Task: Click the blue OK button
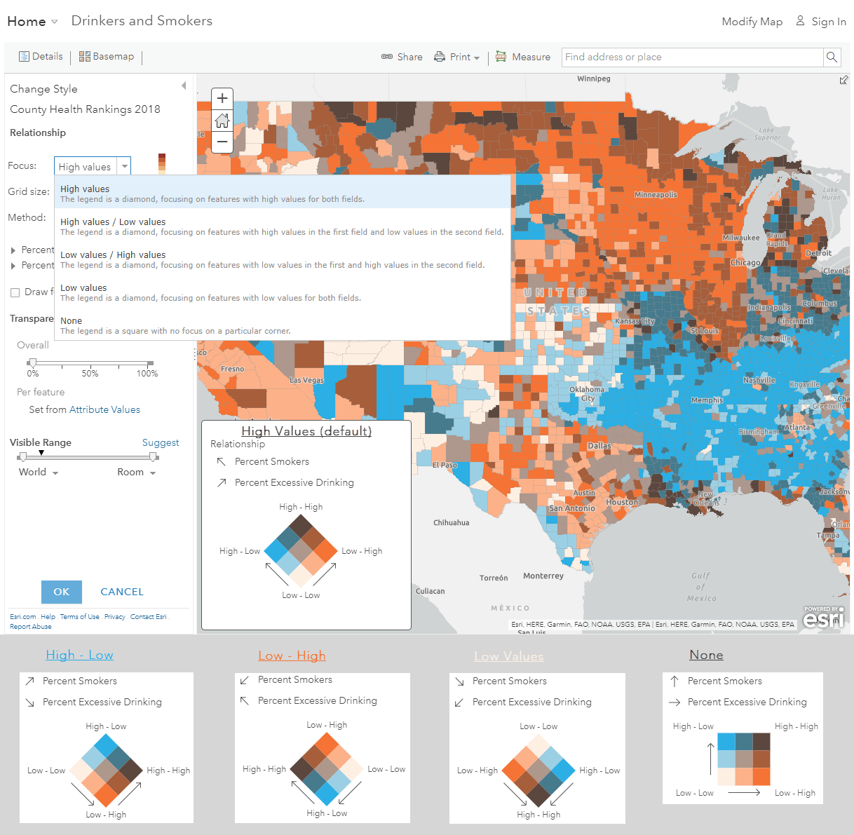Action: click(x=62, y=592)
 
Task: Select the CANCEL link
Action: click(x=122, y=592)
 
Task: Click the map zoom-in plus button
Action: click(x=222, y=98)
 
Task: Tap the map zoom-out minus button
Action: click(x=222, y=142)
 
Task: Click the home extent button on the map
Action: click(x=222, y=121)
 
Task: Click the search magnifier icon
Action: click(x=832, y=57)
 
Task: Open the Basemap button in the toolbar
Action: click(x=107, y=57)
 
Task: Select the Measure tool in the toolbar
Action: click(x=523, y=57)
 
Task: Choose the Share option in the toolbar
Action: click(x=402, y=57)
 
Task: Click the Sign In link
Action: click(x=821, y=22)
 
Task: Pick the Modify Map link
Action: click(x=752, y=22)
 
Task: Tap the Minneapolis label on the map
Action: click(x=656, y=195)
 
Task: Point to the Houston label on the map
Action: click(x=622, y=502)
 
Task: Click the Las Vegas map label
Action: click(x=306, y=380)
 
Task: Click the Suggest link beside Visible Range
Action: click(x=161, y=442)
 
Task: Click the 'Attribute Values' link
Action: click(x=104, y=409)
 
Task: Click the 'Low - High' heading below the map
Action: click(x=292, y=656)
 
